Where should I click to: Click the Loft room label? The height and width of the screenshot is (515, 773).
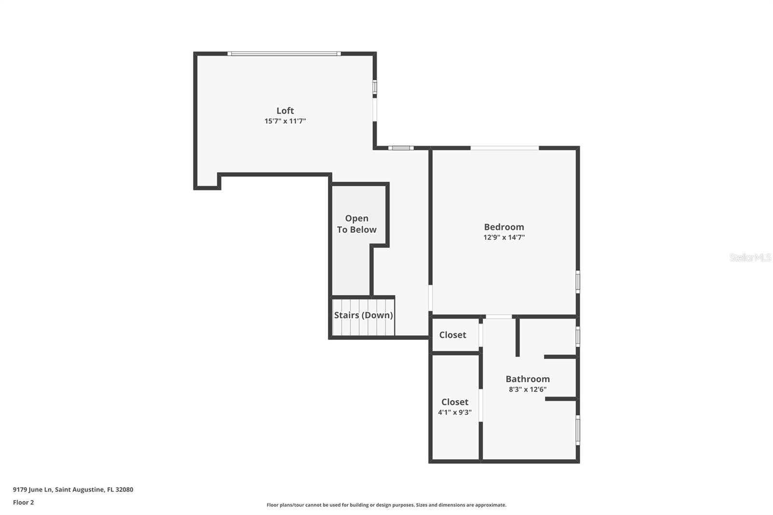tap(285, 111)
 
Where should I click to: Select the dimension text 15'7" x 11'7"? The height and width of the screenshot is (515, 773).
tap(285, 121)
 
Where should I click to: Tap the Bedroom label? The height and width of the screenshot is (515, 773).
tap(504, 227)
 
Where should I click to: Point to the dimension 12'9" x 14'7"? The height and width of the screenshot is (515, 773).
tap(504, 237)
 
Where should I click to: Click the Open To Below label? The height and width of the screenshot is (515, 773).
tap(357, 224)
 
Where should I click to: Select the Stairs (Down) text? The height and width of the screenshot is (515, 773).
tap(363, 315)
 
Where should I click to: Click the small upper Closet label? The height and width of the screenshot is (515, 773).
tap(453, 335)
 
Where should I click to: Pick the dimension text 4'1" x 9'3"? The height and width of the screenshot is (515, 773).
tap(455, 413)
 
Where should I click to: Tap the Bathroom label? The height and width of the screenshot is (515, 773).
tap(528, 379)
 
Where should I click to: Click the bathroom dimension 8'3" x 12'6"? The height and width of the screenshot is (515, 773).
tap(528, 389)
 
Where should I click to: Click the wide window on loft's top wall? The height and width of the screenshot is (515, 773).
tap(284, 54)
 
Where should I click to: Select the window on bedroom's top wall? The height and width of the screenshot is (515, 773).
tap(504, 148)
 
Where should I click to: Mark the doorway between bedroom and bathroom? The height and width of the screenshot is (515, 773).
tap(499, 317)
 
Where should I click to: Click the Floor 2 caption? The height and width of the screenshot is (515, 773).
tap(23, 502)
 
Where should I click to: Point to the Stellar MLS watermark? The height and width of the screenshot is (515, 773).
tap(750, 257)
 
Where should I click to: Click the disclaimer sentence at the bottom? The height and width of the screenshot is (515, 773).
tap(386, 505)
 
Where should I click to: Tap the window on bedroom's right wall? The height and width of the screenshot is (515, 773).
tap(578, 282)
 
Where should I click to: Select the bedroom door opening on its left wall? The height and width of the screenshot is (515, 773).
tap(430, 298)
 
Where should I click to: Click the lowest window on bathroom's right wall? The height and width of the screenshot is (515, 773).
tap(578, 430)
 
